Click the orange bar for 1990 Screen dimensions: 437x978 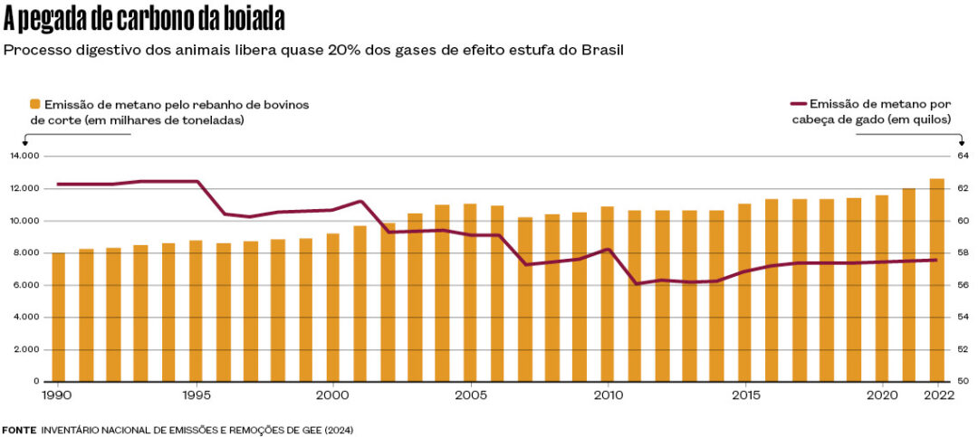click(x=58, y=317)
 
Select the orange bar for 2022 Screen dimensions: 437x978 click(x=936, y=280)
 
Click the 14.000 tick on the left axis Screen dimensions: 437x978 click(x=24, y=156)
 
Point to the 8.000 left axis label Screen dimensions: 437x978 click(x=26, y=252)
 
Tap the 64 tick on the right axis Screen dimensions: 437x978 click(x=963, y=156)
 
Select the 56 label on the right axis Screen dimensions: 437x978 click(x=963, y=285)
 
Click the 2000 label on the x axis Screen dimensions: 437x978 click(x=333, y=395)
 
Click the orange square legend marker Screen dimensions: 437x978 click(x=35, y=104)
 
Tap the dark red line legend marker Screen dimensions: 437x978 click(x=799, y=104)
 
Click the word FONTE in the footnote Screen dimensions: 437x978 click(x=19, y=429)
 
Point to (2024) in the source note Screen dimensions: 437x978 click(x=339, y=429)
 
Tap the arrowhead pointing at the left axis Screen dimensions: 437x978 click(x=24, y=143)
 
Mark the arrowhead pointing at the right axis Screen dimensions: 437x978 click(x=962, y=143)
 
